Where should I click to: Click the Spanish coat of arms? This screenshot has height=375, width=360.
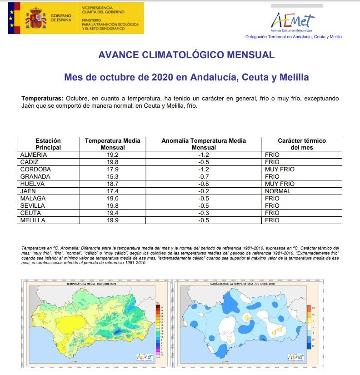[x=35, y=18]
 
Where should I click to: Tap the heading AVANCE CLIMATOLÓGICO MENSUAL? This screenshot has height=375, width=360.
[x=186, y=55]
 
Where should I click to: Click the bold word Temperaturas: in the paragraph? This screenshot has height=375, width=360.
[x=42, y=99]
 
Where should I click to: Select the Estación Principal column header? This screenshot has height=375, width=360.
[x=48, y=144]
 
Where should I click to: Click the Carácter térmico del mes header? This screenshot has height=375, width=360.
[x=302, y=144]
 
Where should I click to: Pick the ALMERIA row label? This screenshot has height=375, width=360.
[x=34, y=155]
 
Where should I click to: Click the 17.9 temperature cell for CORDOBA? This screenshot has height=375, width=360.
[x=112, y=170]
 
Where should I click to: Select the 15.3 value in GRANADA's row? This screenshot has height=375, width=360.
[x=112, y=177]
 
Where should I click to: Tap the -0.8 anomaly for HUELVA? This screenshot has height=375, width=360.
[x=203, y=184]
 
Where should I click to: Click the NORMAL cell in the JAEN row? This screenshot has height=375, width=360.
[x=277, y=191]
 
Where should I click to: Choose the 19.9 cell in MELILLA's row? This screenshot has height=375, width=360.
[x=112, y=220]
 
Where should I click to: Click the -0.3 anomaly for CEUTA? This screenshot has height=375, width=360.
[x=203, y=213]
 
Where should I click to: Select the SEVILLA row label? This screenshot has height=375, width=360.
[x=33, y=206]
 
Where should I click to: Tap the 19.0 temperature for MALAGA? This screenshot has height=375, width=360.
[x=112, y=199]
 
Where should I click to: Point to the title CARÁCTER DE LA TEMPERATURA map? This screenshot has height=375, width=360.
[x=242, y=284]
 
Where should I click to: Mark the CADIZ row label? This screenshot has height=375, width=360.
[x=30, y=162]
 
